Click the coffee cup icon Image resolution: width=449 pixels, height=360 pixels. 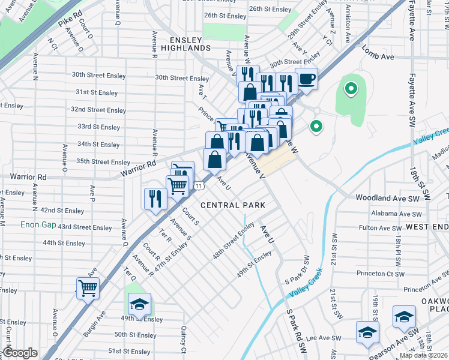tap(306, 79)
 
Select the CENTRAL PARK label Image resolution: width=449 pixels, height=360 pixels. tap(233, 205)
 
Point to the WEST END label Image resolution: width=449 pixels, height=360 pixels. tap(427, 227)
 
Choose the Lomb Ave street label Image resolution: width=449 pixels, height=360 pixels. tap(378, 56)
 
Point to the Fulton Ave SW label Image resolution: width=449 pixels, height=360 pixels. tap(380, 228)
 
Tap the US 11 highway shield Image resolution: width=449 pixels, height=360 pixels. tap(198, 186)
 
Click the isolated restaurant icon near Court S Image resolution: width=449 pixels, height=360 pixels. tap(155, 199)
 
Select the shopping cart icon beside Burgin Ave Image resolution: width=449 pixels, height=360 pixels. tap(88, 289)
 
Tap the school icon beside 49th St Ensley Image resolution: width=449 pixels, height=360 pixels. tap(139, 304)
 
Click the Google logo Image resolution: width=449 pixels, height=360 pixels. tap(20, 353)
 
